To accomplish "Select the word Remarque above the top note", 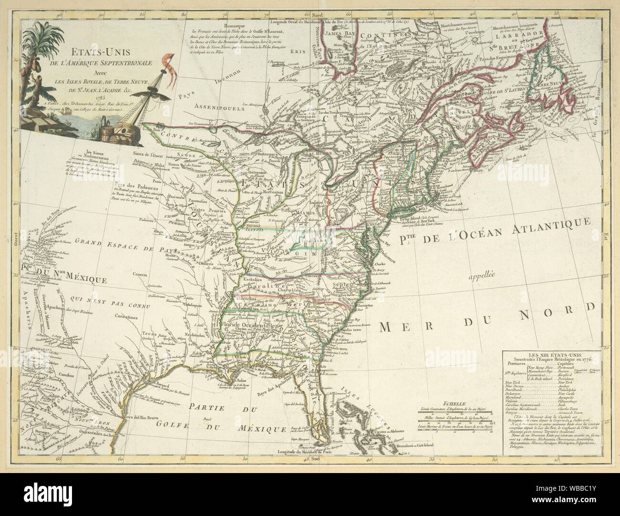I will [x=237, y=22].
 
